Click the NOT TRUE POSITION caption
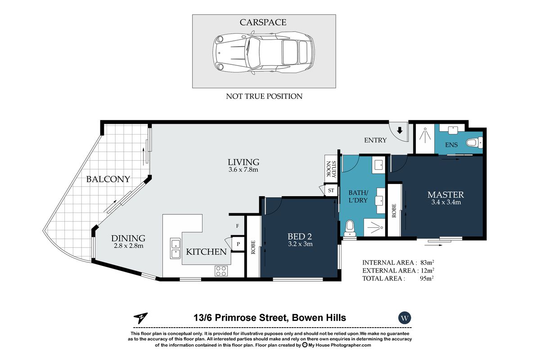coord(264,96)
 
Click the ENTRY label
coord(375,140)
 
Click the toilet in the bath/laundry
coord(350,229)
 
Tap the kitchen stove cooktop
coord(221,270)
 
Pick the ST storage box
coord(331,190)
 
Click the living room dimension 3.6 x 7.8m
coord(243,170)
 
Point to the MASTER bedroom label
coord(445,194)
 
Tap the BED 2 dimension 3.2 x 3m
coord(300,244)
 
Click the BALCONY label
coord(108,179)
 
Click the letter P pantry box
coord(237,243)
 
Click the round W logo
coord(405,318)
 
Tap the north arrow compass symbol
coord(140,318)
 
